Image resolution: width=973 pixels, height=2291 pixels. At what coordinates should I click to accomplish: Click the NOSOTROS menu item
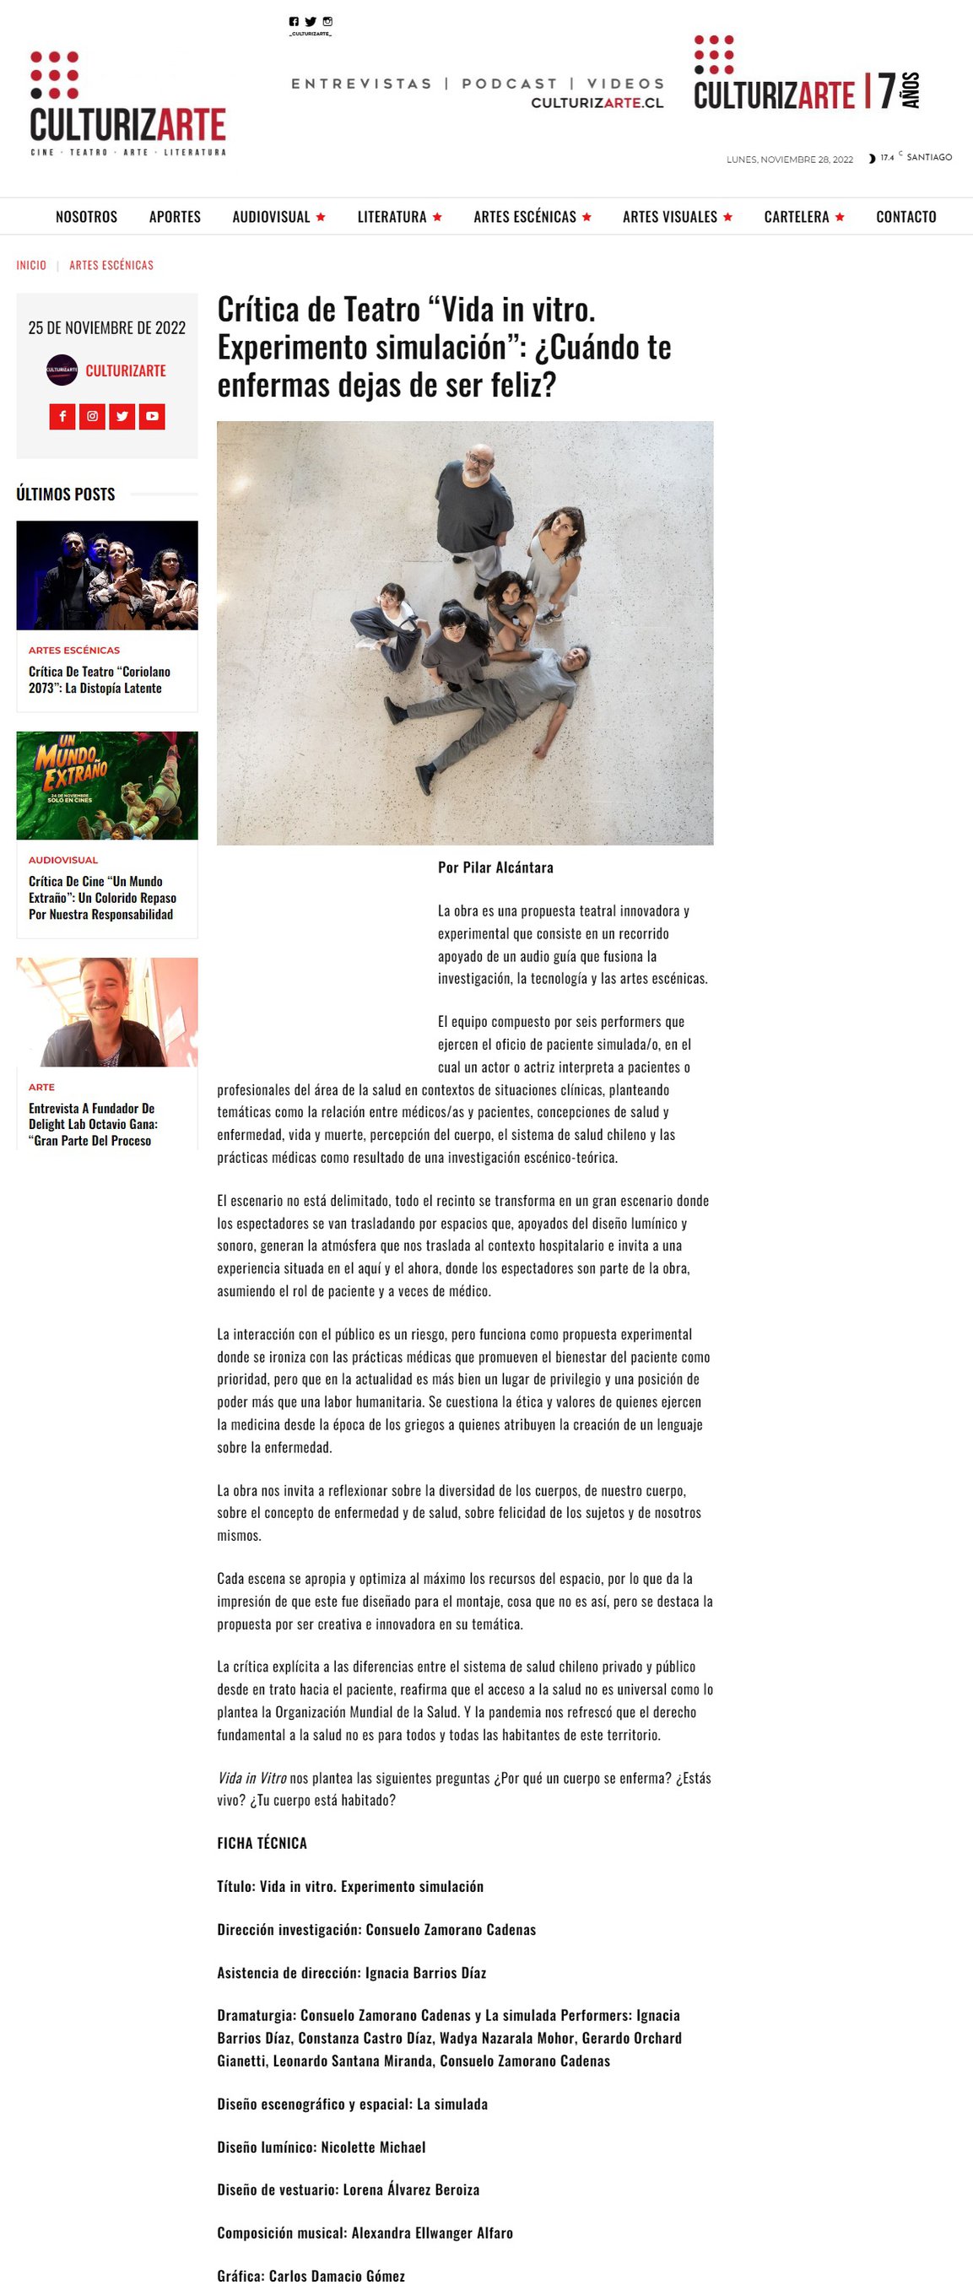[86, 217]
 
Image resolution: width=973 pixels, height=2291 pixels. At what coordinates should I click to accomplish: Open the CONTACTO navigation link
[905, 217]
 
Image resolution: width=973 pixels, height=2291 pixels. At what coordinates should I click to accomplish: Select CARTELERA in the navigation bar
[796, 217]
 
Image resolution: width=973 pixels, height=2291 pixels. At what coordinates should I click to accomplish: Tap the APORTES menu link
[175, 217]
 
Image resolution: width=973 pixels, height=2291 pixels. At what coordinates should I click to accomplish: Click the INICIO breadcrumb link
[31, 265]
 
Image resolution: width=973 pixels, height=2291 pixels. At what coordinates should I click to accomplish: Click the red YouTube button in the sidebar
[152, 416]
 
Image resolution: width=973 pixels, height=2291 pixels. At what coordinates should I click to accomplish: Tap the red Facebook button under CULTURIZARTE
[62, 416]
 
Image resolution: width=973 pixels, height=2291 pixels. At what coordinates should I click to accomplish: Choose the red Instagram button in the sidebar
[93, 416]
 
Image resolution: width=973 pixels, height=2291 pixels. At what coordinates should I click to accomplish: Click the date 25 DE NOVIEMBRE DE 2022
[106, 328]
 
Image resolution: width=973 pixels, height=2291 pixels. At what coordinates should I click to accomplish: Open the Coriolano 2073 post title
[99, 679]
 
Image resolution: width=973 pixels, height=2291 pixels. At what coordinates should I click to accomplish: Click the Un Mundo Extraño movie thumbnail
[106, 786]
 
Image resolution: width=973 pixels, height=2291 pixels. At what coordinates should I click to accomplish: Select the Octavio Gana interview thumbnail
[106, 1012]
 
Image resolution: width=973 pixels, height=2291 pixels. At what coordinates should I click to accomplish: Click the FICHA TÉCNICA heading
[262, 1843]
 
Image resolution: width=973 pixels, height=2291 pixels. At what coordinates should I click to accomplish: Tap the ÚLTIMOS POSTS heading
[66, 494]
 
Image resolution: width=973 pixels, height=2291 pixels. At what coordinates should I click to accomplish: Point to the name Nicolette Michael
[373, 2147]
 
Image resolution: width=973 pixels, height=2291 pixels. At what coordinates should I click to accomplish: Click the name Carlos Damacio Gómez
[336, 2276]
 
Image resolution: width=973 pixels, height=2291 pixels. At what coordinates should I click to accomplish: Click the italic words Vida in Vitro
[251, 1778]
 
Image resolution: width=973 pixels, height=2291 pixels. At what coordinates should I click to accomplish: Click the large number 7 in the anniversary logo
[886, 91]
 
